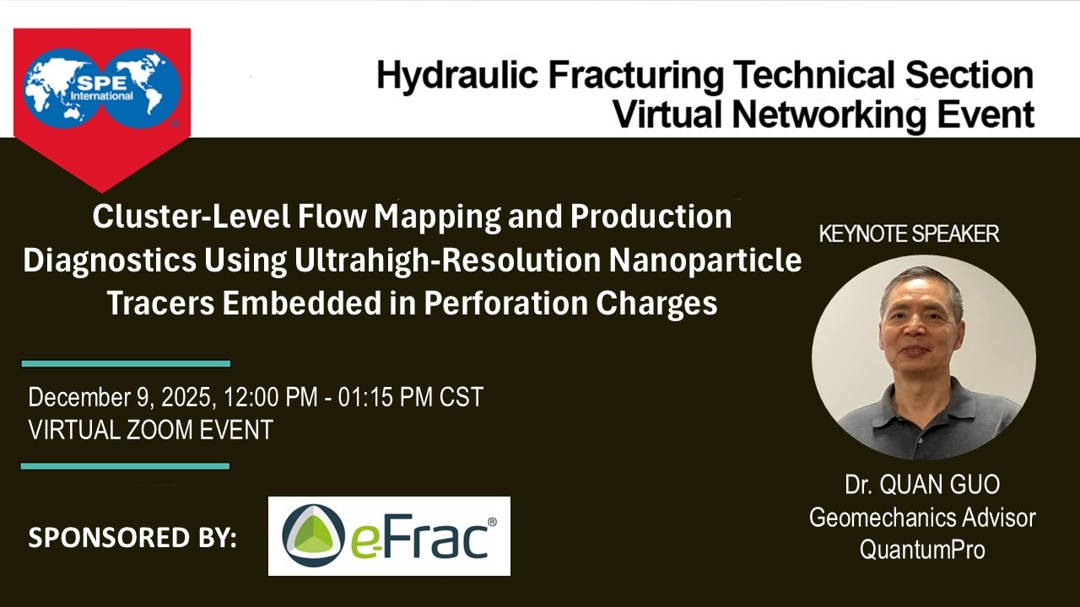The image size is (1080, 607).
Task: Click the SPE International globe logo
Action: pyautogui.click(x=102, y=89)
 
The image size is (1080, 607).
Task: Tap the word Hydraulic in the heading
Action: pyautogui.click(x=457, y=76)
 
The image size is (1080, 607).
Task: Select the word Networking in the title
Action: pyautogui.click(x=829, y=115)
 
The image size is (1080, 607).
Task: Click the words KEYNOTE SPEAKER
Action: pyautogui.click(x=909, y=234)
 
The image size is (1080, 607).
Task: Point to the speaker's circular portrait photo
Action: pyautogui.click(x=923, y=357)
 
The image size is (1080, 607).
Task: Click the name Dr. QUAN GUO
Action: pyautogui.click(x=922, y=485)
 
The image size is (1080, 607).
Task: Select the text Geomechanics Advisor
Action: pyautogui.click(x=922, y=518)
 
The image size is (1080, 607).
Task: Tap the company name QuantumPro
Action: pyautogui.click(x=922, y=550)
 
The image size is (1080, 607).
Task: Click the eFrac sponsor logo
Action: pyautogui.click(x=389, y=535)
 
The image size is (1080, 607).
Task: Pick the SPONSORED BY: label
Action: pyautogui.click(x=132, y=538)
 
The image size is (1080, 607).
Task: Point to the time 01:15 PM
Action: pyautogui.click(x=385, y=397)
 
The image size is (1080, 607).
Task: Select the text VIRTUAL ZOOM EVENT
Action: pyautogui.click(x=150, y=430)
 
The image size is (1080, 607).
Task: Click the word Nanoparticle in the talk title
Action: pyautogui.click(x=705, y=261)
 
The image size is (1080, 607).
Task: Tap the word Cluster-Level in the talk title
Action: pyautogui.click(x=192, y=217)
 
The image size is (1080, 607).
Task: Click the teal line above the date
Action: pyautogui.click(x=126, y=363)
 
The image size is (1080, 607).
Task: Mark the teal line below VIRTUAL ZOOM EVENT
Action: pyautogui.click(x=126, y=466)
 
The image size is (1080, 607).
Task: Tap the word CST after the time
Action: pyautogui.click(x=462, y=397)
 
